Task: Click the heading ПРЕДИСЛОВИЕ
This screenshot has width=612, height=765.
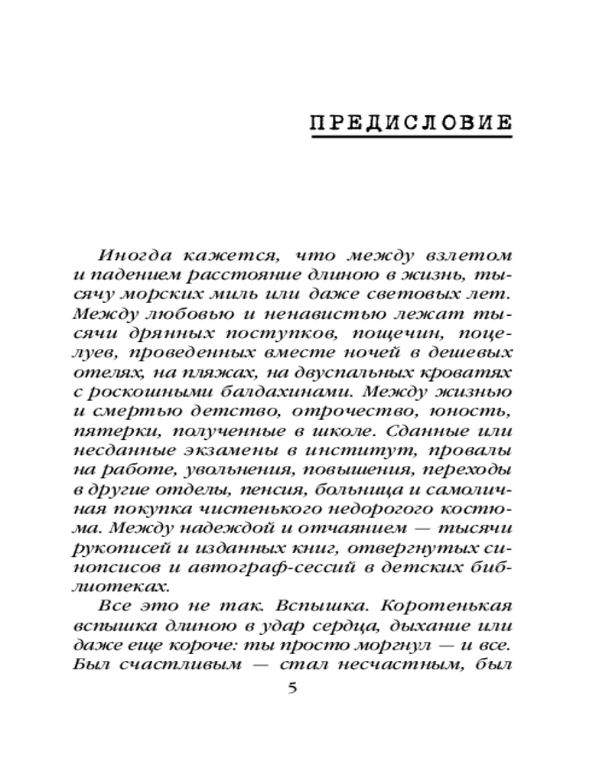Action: pos(411,123)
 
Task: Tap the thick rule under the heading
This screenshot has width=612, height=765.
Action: pos(411,138)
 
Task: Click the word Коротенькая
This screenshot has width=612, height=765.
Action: pos(450,607)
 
